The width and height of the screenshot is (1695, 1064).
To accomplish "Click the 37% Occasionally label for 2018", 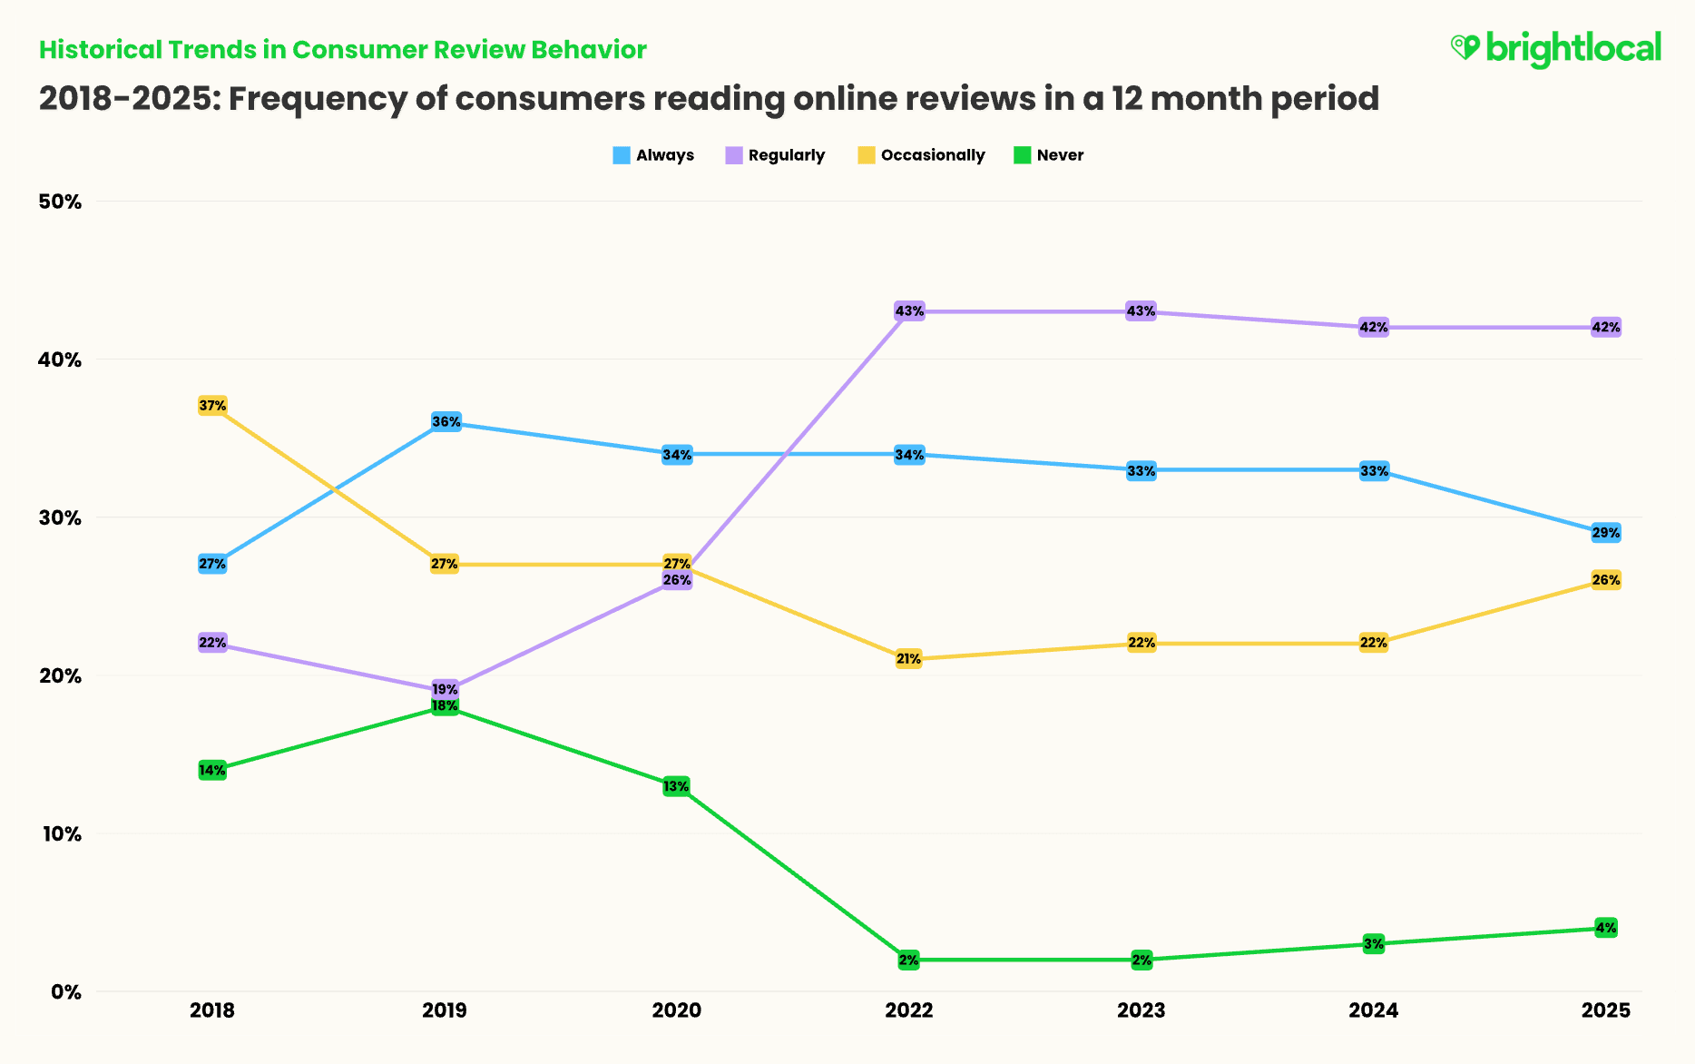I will pyautogui.click(x=212, y=406).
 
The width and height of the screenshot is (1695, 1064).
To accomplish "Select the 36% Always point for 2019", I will pyautogui.click(x=446, y=422).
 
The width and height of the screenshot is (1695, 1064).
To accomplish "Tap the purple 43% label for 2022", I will pyautogui.click(x=909, y=311).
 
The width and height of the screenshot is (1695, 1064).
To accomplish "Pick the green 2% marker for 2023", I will pyautogui.click(x=1141, y=960).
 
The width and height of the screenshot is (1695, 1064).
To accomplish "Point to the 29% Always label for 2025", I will pyautogui.click(x=1605, y=533).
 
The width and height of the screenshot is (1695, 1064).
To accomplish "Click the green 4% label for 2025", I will pyautogui.click(x=1605, y=928).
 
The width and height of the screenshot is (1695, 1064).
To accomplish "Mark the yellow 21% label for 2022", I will pyautogui.click(x=908, y=659).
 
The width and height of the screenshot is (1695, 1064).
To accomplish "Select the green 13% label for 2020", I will pyautogui.click(x=676, y=786).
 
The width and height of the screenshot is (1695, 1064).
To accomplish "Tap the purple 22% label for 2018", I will pyautogui.click(x=212, y=643).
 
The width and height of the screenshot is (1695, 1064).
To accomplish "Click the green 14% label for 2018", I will pyautogui.click(x=212, y=770).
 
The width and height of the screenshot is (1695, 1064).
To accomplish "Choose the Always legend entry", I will pyautogui.click(x=653, y=155).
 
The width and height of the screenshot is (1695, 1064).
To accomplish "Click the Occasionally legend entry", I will pyautogui.click(x=921, y=155).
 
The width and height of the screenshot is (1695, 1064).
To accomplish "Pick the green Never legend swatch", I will pyautogui.click(x=1023, y=155).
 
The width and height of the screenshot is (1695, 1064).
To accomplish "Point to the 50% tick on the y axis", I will pyautogui.click(x=60, y=202).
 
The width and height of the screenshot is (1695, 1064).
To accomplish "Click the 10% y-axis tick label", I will pyautogui.click(x=60, y=833).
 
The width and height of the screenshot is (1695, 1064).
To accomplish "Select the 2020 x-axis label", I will pyautogui.click(x=677, y=1010).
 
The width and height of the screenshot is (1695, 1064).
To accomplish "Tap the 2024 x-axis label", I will pyautogui.click(x=1374, y=1010).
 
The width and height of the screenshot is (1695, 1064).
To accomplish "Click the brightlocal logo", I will pyautogui.click(x=1556, y=48).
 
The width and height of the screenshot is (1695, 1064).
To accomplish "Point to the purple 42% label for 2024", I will pyautogui.click(x=1373, y=328).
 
